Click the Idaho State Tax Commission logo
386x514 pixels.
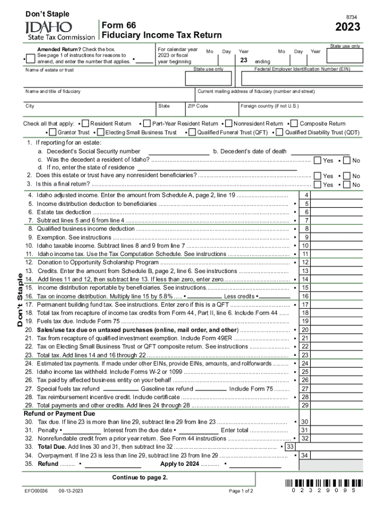point(60,30)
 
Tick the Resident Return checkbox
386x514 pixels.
point(85,123)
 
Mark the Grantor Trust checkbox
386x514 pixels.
point(53,133)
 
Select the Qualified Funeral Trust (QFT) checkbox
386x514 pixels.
point(192,133)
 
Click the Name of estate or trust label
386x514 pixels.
point(50,70)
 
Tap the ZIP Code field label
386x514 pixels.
point(198,106)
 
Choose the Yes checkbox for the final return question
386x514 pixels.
point(317,185)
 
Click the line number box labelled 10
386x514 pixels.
point(305,245)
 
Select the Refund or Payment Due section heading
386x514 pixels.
point(59,414)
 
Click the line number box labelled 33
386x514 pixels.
point(290,447)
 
